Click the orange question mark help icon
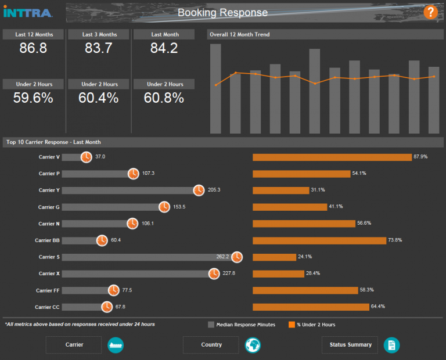[430, 12]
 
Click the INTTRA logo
[28, 12]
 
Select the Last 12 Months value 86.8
[33, 49]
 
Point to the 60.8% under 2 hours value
[164, 98]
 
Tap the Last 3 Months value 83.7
[98, 49]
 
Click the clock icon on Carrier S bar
[237, 257]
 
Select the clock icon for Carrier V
[86, 157]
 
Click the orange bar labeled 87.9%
[332, 157]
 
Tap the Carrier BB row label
[47, 240]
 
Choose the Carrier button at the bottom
[74, 345]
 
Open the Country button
[211, 345]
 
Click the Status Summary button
[350, 345]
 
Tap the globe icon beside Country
[253, 345]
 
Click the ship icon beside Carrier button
[116, 345]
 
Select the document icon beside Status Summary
[391, 345]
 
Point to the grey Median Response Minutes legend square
[211, 325]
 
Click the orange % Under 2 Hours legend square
[292, 325]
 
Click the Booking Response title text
[222, 13]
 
